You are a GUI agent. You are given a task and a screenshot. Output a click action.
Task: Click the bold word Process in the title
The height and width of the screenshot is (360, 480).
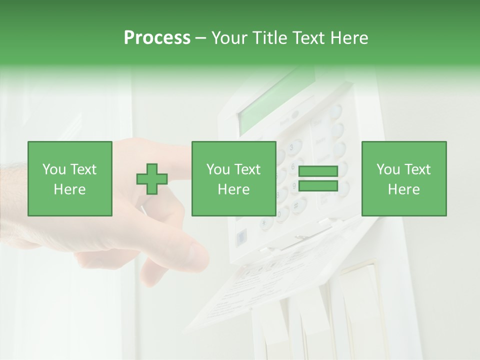click(x=157, y=38)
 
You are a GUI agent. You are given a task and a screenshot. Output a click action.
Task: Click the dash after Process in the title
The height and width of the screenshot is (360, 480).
click(x=201, y=38)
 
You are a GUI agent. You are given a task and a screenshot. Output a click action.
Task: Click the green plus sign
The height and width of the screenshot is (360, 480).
click(x=152, y=179)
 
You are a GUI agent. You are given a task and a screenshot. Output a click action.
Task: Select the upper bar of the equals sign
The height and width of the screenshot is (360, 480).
click(x=318, y=171)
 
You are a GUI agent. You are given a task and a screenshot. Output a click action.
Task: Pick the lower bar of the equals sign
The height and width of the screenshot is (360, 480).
click(x=318, y=186)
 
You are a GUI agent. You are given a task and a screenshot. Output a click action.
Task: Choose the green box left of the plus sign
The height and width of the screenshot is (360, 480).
click(x=70, y=178)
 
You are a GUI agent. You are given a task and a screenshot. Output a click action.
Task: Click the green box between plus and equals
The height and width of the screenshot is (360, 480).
click(x=233, y=178)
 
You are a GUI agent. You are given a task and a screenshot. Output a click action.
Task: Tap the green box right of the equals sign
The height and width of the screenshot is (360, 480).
click(x=403, y=178)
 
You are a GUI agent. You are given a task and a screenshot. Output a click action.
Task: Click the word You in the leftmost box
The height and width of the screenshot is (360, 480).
click(x=54, y=169)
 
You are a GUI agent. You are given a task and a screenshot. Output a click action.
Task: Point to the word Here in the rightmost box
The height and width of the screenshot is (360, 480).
click(x=403, y=189)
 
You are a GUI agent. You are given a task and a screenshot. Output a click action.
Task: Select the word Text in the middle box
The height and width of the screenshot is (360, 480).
click(x=247, y=169)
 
